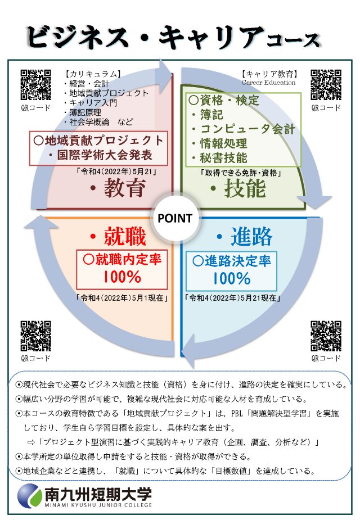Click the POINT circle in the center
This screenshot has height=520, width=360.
(175, 218)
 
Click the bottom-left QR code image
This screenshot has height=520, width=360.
(35, 336)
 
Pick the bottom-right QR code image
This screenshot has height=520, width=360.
(326, 336)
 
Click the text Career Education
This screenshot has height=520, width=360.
(268, 83)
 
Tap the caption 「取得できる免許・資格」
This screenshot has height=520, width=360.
(241, 173)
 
